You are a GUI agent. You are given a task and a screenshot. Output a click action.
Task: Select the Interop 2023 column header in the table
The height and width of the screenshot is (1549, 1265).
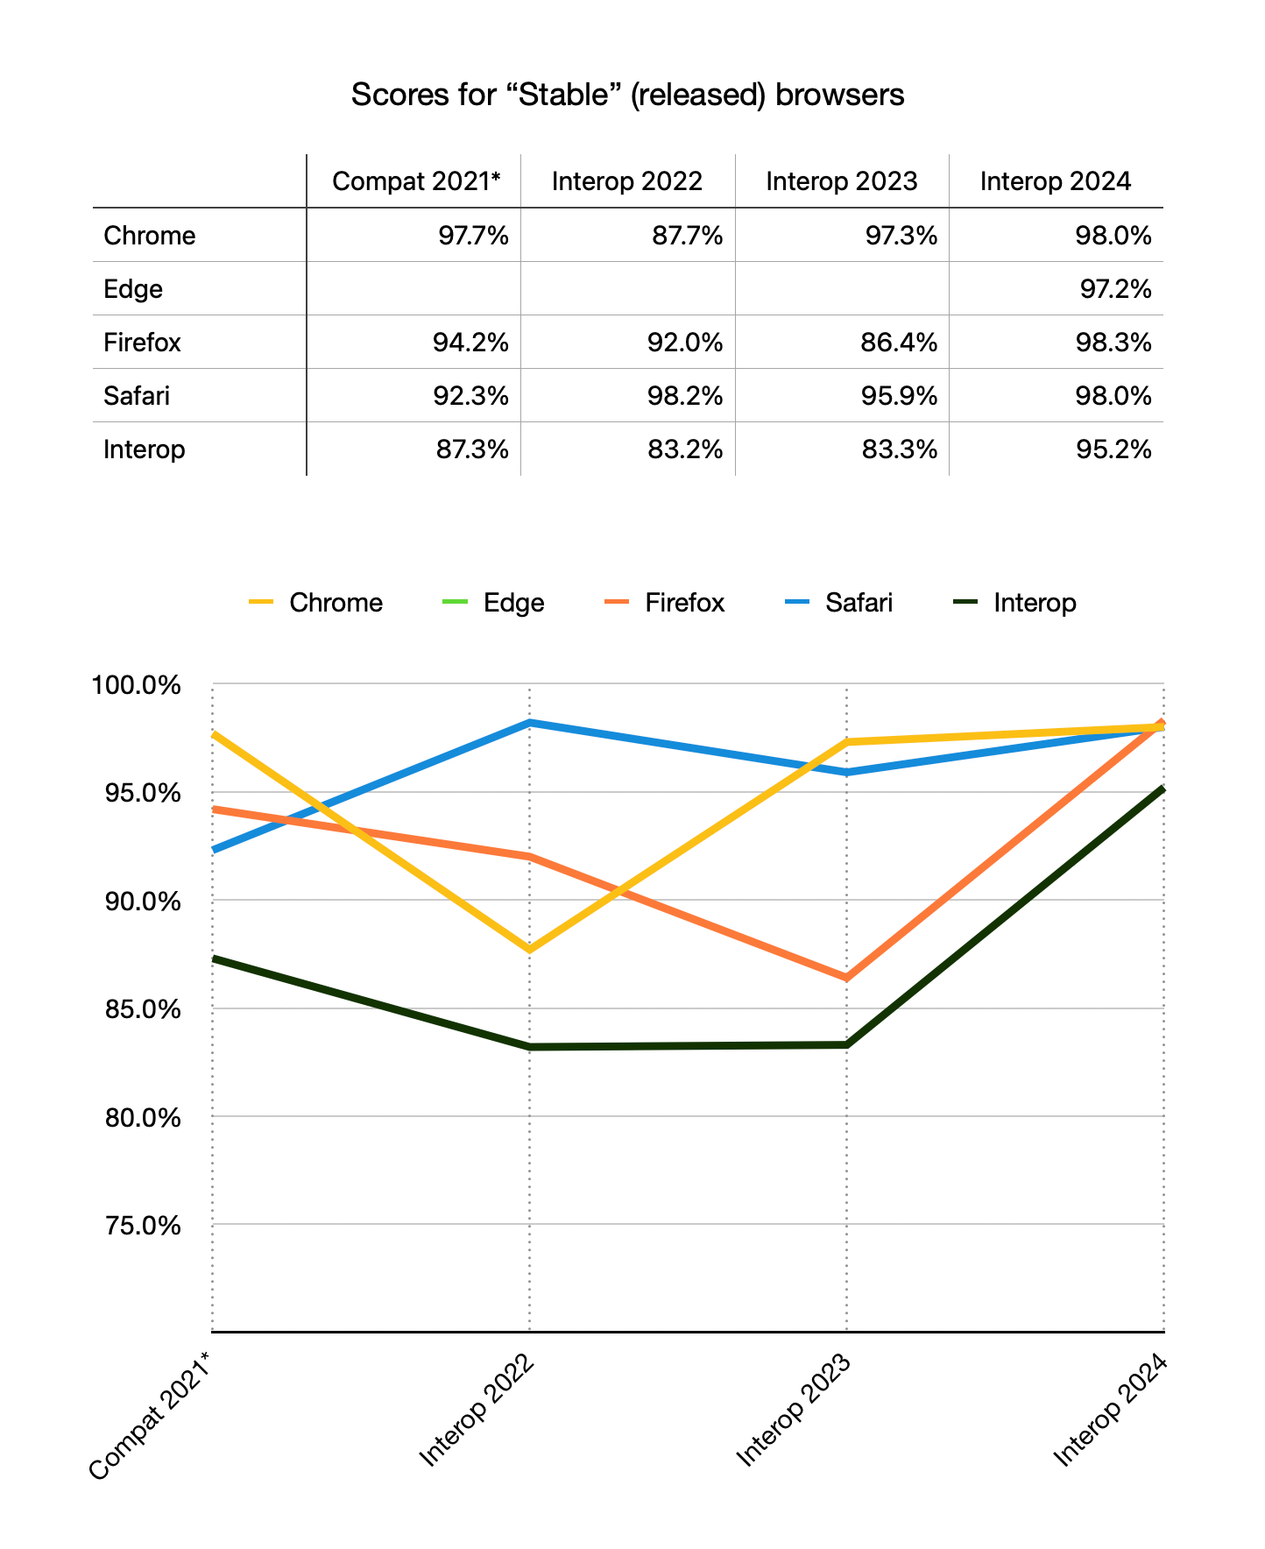[x=841, y=181]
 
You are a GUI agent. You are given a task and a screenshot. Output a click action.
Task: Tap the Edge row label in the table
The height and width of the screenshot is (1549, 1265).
[x=133, y=289]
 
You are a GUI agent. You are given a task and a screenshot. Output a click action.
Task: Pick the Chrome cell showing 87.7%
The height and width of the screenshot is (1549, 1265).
[x=688, y=236]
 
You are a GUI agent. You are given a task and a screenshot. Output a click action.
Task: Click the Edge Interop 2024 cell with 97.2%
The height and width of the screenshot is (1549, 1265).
[x=1115, y=289]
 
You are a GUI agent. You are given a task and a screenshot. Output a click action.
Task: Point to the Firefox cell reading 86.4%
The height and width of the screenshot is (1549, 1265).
[x=901, y=343]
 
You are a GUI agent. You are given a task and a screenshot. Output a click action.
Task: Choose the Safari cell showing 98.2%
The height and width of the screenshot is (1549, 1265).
[x=688, y=396]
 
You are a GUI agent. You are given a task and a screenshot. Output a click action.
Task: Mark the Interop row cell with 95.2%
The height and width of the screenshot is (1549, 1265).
[x=1115, y=449]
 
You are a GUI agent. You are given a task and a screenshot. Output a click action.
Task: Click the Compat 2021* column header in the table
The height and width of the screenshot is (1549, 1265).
[x=416, y=181]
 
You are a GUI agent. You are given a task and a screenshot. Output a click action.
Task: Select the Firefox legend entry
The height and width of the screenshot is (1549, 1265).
[x=684, y=603]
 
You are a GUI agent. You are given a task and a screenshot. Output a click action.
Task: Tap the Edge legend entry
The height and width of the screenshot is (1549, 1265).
[x=513, y=603]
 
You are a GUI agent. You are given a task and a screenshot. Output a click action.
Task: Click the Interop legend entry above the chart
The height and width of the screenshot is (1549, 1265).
[x=1035, y=603]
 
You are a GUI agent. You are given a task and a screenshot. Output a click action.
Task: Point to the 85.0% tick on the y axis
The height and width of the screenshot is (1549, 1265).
[x=137, y=1009]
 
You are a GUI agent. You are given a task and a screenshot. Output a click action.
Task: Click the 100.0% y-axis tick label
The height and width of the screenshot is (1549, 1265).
[x=137, y=684]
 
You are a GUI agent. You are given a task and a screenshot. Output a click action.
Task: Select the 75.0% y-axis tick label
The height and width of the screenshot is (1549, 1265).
[x=137, y=1225]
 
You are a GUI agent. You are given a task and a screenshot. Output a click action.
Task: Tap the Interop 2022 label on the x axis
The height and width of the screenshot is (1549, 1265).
[x=478, y=1411]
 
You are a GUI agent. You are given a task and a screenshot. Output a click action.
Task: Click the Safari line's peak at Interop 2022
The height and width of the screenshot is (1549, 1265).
[x=529, y=723]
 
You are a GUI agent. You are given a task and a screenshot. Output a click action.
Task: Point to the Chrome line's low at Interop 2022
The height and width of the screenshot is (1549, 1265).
[x=529, y=950]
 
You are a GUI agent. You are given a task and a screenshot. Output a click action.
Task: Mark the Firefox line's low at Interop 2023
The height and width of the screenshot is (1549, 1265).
[x=846, y=978]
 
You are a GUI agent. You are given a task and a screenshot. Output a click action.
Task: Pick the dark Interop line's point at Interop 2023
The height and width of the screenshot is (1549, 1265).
[x=846, y=1044]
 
